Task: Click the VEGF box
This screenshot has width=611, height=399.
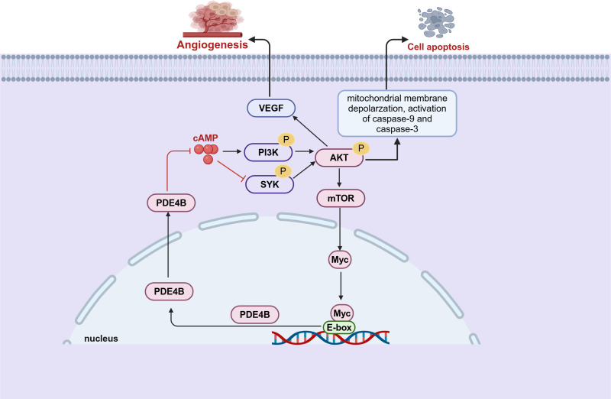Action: coord(272,109)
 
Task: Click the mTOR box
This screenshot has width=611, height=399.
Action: coord(340,198)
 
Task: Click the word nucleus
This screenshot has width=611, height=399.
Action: coord(101,338)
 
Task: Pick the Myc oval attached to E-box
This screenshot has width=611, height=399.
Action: coord(340,312)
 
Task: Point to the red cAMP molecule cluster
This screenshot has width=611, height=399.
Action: coord(206,152)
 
